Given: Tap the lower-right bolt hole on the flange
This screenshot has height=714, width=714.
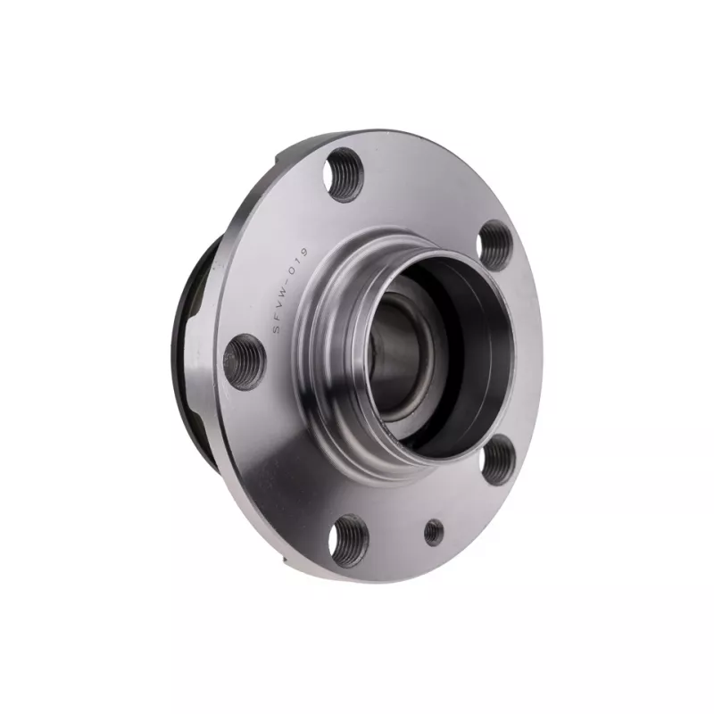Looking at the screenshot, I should pyautogui.click(x=502, y=459).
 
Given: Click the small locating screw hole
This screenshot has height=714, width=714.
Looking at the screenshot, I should pyautogui.click(x=434, y=533).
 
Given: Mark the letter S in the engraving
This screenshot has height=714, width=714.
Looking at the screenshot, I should pyautogui.click(x=277, y=331).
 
